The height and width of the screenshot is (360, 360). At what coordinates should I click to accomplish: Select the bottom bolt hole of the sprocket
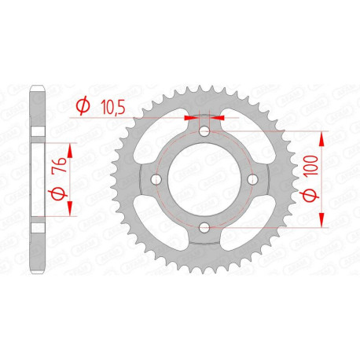(204, 227)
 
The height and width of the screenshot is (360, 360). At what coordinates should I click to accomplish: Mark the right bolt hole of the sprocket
(252, 179)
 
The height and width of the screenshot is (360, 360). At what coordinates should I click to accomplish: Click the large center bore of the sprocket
(204, 179)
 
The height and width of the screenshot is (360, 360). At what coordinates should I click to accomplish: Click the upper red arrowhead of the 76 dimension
(72, 149)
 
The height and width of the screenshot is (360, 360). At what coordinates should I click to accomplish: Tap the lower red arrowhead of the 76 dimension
(72, 210)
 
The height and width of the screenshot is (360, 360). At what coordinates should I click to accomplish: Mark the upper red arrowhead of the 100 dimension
(321, 138)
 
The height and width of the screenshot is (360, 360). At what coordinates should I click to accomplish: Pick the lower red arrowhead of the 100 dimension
(321, 221)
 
